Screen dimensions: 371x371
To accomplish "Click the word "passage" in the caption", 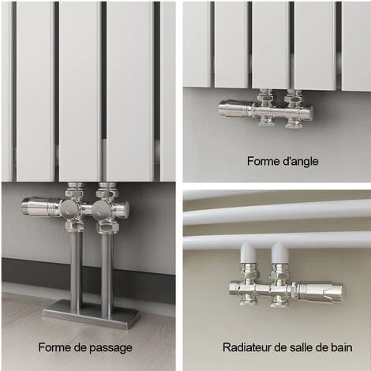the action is [x=111, y=348].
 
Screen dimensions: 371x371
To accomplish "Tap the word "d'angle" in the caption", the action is [x=301, y=161].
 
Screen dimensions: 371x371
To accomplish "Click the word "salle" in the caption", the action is [x=301, y=347].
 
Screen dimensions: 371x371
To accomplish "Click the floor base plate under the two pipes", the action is [x=90, y=314].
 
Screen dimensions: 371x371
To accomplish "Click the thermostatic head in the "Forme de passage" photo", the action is [x=42, y=205].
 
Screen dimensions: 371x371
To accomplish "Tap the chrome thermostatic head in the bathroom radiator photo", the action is [x=320, y=290].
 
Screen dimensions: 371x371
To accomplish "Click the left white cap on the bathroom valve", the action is [x=249, y=253].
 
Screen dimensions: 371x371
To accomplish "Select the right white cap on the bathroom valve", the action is [x=280, y=253].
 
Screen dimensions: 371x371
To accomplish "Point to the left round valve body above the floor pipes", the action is [x=70, y=208].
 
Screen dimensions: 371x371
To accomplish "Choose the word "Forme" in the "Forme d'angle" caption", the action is [x=264, y=161].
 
